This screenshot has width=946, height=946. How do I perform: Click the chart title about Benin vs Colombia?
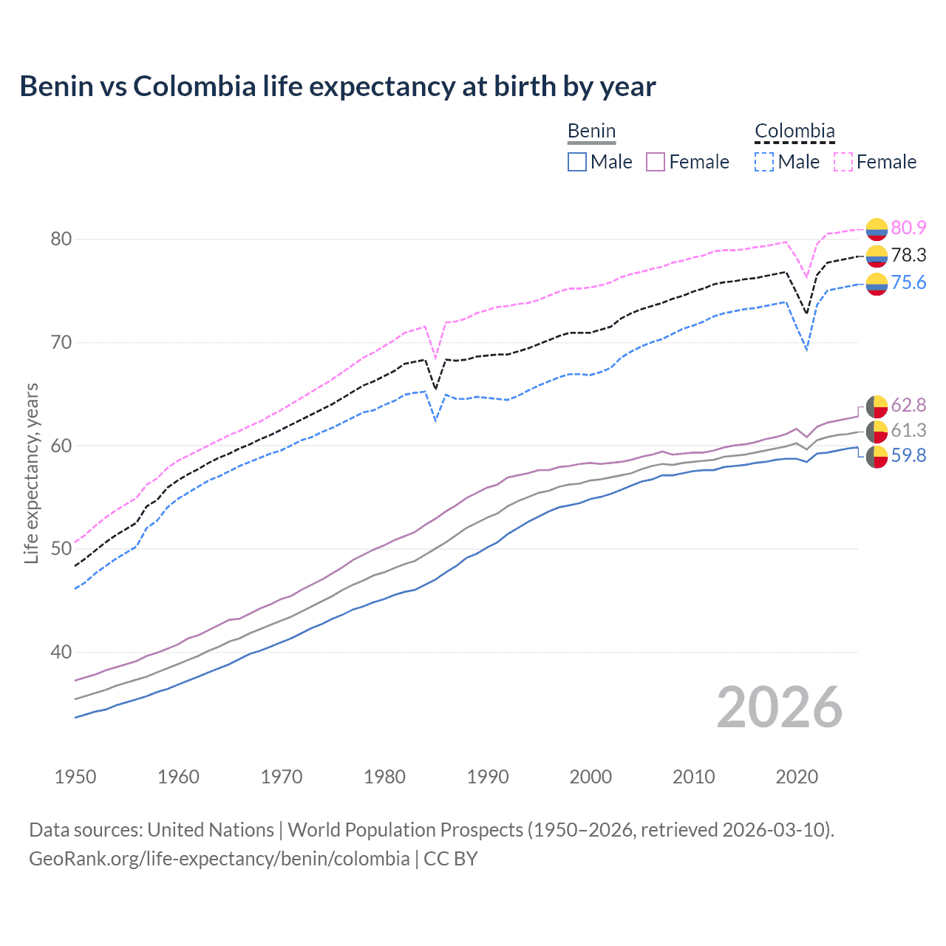(337, 86)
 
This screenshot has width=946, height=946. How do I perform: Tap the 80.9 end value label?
(908, 228)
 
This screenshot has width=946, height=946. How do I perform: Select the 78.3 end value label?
(908, 255)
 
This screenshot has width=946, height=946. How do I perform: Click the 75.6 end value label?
(908, 282)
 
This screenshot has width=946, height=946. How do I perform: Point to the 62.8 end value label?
(908, 405)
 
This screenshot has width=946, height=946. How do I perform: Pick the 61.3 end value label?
(908, 430)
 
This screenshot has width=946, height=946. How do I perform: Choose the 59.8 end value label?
(908, 455)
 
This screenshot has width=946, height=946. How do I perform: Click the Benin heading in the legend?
(591, 131)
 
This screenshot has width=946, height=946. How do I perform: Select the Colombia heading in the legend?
(794, 131)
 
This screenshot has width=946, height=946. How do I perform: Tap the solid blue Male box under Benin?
(577, 162)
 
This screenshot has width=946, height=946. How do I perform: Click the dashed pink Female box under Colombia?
(843, 162)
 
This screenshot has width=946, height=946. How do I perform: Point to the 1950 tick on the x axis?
(75, 777)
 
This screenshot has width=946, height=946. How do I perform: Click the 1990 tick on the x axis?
(488, 777)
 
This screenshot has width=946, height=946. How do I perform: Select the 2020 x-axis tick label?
(797, 777)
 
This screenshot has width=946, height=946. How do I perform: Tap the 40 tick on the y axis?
(61, 652)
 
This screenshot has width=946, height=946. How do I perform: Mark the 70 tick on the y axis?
(61, 342)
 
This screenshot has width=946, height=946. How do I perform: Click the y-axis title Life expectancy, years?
(31, 473)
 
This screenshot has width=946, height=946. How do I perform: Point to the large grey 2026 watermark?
(779, 707)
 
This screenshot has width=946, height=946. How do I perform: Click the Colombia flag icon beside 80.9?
(877, 229)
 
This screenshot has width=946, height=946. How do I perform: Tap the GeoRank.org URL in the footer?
(219, 858)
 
